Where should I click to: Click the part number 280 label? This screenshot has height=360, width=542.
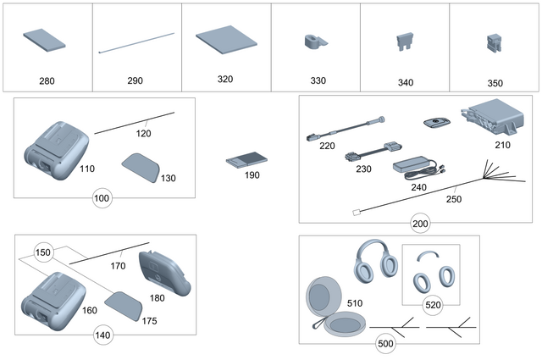point(47,81)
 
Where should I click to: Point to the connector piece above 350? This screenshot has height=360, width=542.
point(495,42)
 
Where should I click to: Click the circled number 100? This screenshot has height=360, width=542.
point(102,198)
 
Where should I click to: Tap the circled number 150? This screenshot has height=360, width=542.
point(42,252)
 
